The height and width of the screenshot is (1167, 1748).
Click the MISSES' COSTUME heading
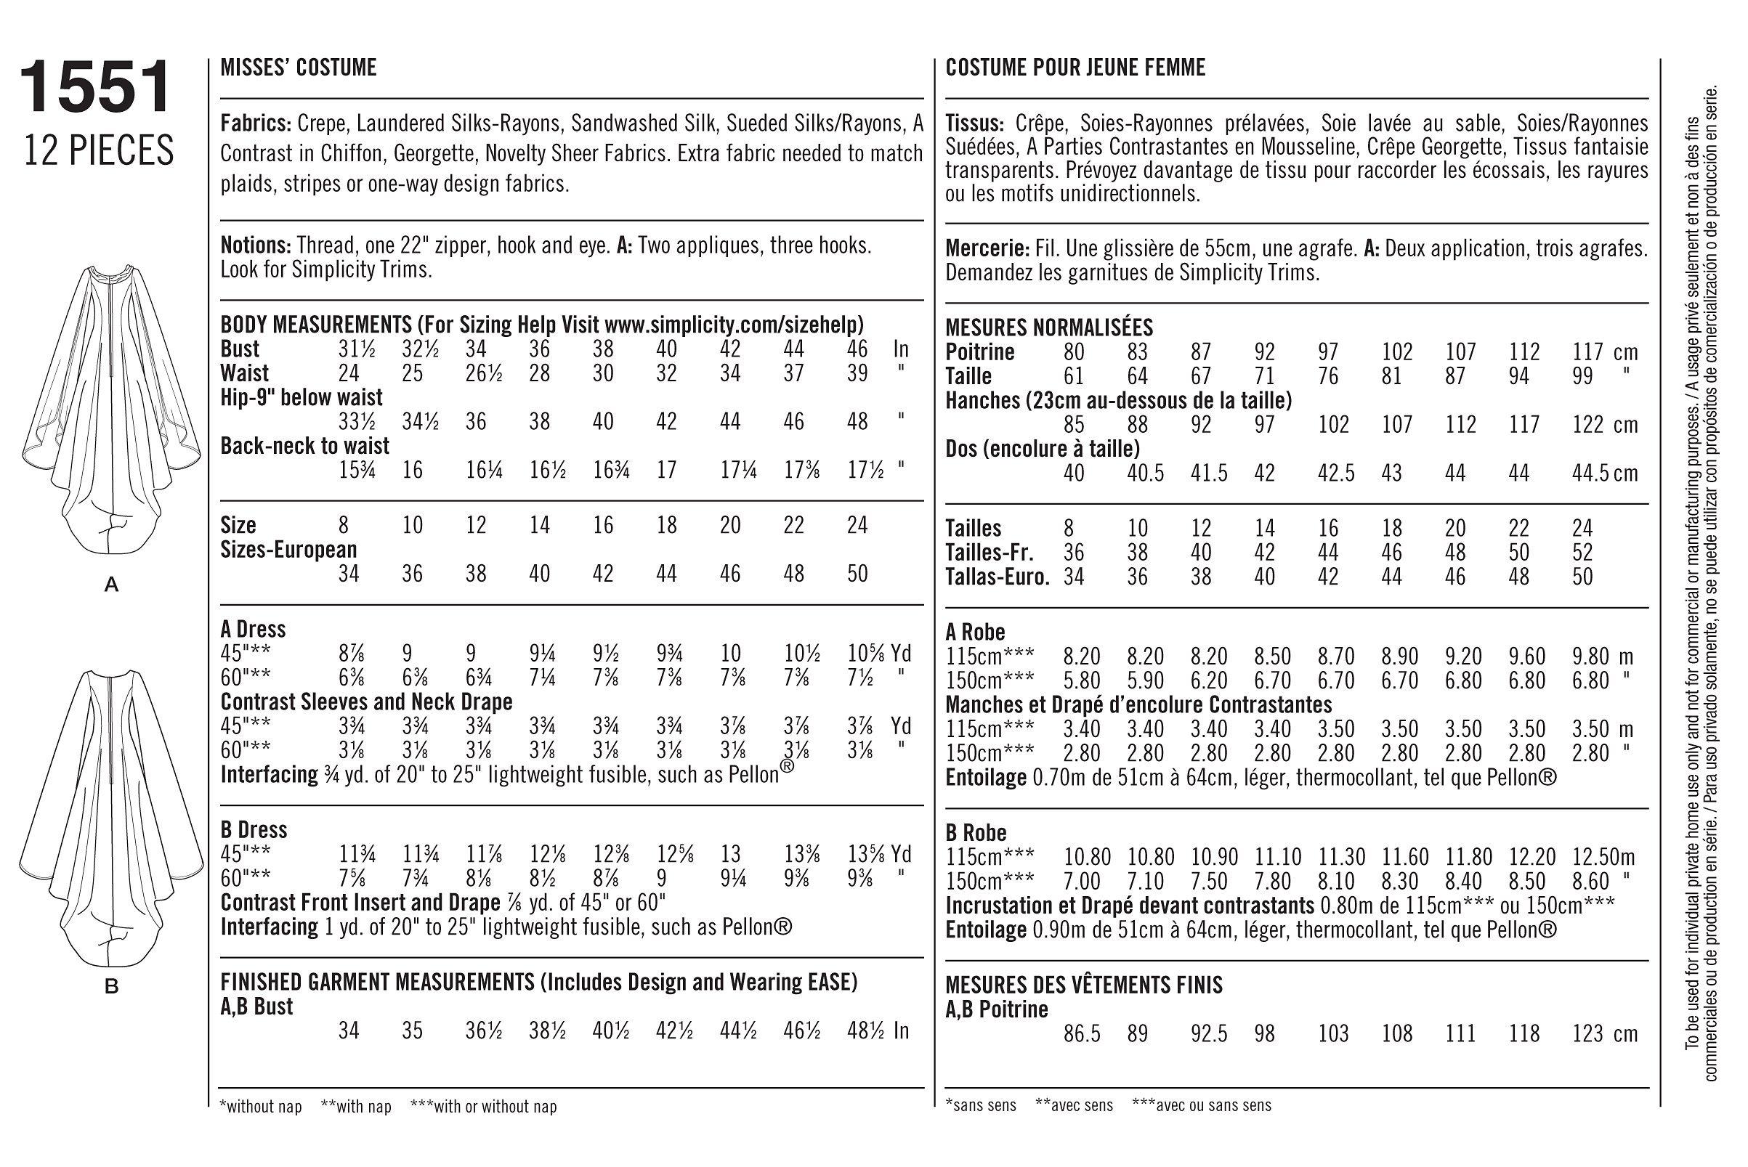[299, 68]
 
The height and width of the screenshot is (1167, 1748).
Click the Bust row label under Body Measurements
[240, 349]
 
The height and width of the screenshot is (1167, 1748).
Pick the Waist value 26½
[483, 373]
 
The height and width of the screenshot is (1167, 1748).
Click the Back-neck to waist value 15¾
[357, 471]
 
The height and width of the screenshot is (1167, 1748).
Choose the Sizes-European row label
[289, 549]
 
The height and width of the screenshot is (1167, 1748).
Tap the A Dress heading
[253, 630]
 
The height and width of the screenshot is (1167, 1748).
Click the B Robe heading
[975, 832]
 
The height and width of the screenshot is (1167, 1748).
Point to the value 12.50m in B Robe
[1605, 857]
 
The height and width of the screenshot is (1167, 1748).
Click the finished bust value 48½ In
[878, 1030]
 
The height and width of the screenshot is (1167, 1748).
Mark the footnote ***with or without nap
[483, 1107]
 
